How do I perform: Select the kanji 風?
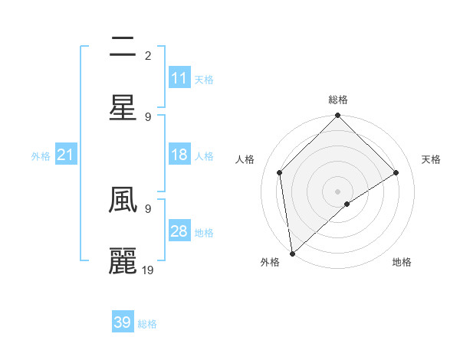click(123, 201)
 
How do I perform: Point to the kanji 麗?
click(123, 260)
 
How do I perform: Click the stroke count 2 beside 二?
click(148, 55)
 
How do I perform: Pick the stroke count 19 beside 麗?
click(149, 270)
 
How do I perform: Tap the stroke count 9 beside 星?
click(148, 116)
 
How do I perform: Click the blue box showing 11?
click(179, 78)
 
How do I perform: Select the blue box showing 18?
click(179, 155)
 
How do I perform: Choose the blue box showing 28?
click(179, 231)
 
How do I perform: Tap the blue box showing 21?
click(66, 155)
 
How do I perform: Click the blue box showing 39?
click(123, 322)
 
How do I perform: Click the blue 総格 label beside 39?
click(148, 324)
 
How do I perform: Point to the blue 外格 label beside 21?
click(41, 156)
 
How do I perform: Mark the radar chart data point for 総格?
click(337, 116)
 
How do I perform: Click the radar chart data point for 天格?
click(396, 172)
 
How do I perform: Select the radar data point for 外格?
click(292, 253)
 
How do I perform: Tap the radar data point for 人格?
click(280, 172)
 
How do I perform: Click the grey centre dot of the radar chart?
click(337, 191)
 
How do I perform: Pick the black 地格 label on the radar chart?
click(402, 262)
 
